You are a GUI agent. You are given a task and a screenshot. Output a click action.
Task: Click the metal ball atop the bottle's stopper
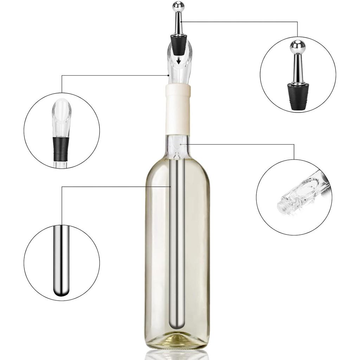(x=178, y=6)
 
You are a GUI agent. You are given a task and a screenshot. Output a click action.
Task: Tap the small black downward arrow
(x=179, y=61)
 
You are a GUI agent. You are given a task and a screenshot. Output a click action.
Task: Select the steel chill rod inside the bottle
(x=177, y=229)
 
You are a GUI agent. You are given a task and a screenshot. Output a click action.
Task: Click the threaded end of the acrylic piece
(x=283, y=206)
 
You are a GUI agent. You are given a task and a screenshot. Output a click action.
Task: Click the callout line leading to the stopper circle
(x=246, y=22)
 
